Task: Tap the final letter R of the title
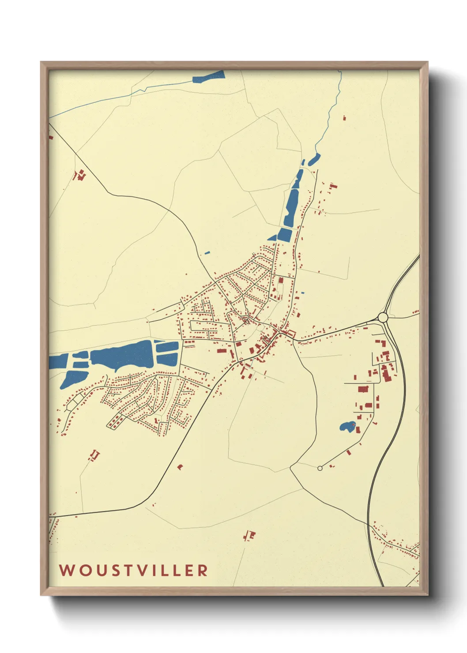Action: click(203, 570)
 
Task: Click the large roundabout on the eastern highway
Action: click(383, 317)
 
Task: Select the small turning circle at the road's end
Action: click(320, 468)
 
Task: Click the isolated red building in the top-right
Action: click(344, 118)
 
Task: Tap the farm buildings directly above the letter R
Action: click(249, 536)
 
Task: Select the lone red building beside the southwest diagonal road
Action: click(180, 466)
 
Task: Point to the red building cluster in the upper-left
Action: click(79, 175)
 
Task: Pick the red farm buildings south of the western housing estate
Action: click(94, 455)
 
